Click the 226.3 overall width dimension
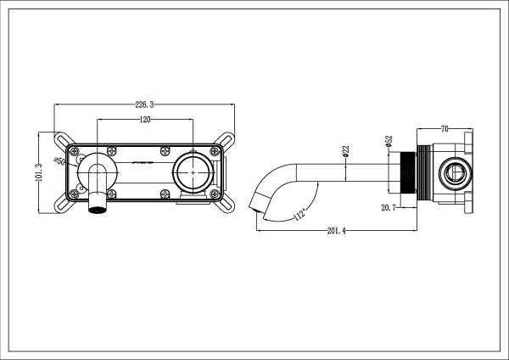[x=144, y=104]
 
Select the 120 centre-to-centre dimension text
[x=145, y=120]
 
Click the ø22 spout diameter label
[x=346, y=150]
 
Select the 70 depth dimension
[x=444, y=129]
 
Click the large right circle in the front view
[x=194, y=173]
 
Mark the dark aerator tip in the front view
[x=98, y=205]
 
